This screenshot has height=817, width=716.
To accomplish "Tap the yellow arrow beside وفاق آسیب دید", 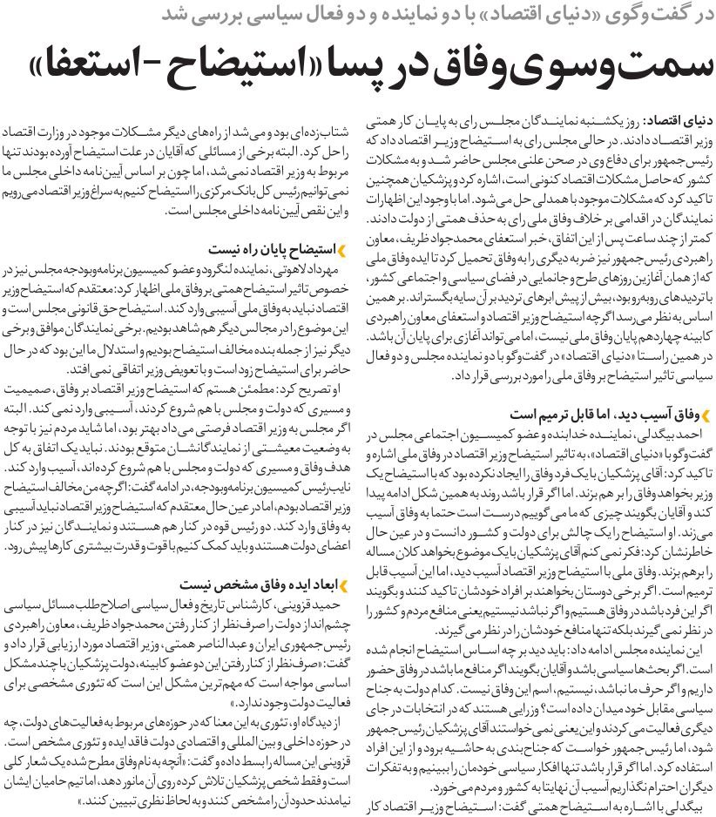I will pos(699,413).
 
